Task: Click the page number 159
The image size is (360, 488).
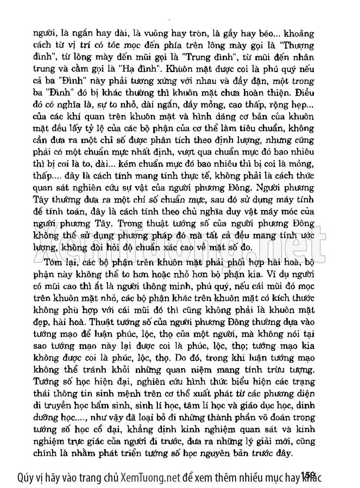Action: [x=307, y=476]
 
